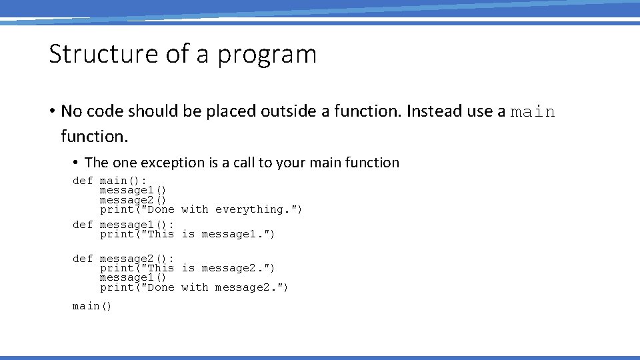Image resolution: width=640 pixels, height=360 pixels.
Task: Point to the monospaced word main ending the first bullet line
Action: pos(533,112)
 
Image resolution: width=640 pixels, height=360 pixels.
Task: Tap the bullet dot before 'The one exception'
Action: pos(77,163)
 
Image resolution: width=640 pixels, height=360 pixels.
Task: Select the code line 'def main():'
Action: pos(109,181)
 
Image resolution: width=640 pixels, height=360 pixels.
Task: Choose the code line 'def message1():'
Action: pos(123,225)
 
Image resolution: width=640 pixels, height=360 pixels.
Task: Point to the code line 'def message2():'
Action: pos(123,259)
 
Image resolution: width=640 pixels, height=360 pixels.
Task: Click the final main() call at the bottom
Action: pos(92,306)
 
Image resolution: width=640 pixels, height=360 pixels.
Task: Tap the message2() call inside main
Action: pos(133,200)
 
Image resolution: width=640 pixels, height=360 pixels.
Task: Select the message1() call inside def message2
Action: pos(133,277)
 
